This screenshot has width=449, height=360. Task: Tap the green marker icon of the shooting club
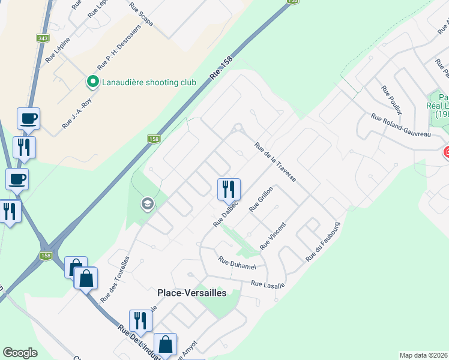(x=93, y=81)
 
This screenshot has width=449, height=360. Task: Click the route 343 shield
(x=43, y=38)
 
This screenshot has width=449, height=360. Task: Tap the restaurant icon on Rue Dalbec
(x=229, y=190)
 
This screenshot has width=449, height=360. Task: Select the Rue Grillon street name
(x=262, y=199)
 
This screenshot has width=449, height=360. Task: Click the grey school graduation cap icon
(x=147, y=205)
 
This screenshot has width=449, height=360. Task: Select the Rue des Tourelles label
(x=115, y=279)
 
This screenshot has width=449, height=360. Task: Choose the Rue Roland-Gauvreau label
(x=401, y=125)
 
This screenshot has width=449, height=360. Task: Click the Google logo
(x=20, y=353)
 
